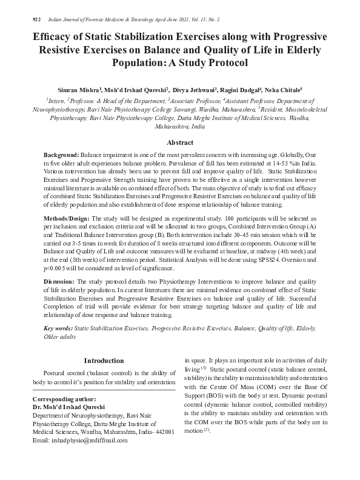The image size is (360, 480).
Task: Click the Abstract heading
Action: pos(180,142)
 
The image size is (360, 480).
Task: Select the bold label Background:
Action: pos(62,156)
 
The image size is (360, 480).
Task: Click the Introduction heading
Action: pos(104,361)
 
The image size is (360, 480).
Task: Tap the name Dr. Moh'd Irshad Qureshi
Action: pos(68,407)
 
